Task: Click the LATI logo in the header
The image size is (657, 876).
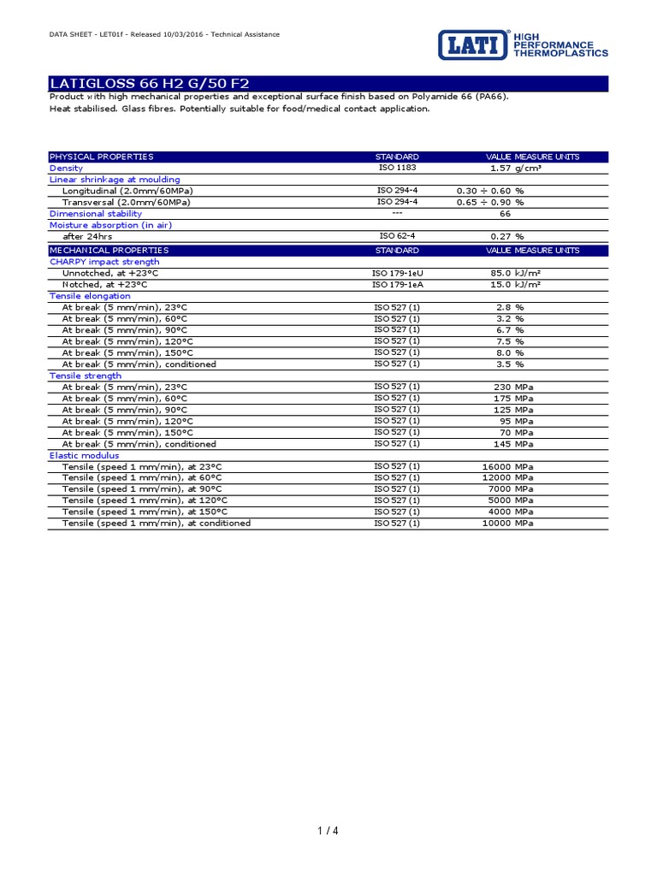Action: pos(475,44)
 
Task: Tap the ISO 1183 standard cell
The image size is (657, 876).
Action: pos(397,169)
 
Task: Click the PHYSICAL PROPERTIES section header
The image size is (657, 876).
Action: pos(102,157)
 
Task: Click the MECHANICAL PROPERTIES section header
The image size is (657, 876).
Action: pos(109,251)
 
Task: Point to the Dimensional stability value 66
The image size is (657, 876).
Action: pos(505,214)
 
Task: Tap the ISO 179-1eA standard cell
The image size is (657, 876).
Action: pos(397,284)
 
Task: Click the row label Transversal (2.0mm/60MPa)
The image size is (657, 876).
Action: pos(127,203)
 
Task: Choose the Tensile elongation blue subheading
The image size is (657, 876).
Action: pos(90,296)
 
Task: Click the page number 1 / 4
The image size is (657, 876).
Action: pos(328,832)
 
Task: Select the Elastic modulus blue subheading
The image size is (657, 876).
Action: pos(84,455)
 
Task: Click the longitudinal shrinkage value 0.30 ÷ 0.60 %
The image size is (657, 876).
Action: pos(490,191)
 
